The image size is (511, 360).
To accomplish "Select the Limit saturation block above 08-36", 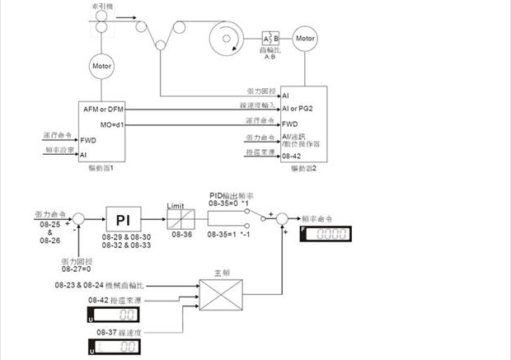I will pyautogui.click(x=179, y=221).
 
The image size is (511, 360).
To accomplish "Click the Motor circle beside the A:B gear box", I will pyautogui.click(x=305, y=38).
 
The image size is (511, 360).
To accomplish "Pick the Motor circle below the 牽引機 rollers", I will pyautogui.click(x=102, y=65).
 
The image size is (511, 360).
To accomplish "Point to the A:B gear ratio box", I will pyautogui.click(x=270, y=39).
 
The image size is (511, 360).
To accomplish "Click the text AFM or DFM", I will pyautogui.click(x=102, y=110).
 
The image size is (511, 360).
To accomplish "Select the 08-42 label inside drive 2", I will pyautogui.click(x=292, y=154).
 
